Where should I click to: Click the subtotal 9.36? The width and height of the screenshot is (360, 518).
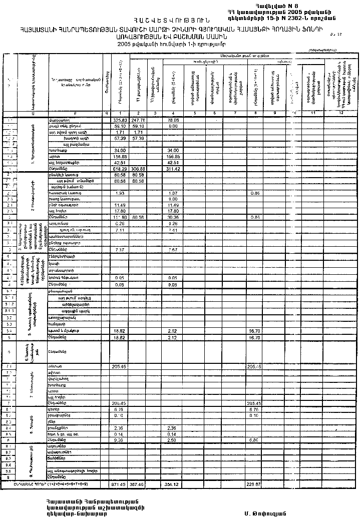(x=119, y=440)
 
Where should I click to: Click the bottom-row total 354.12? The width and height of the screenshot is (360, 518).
(x=172, y=485)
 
